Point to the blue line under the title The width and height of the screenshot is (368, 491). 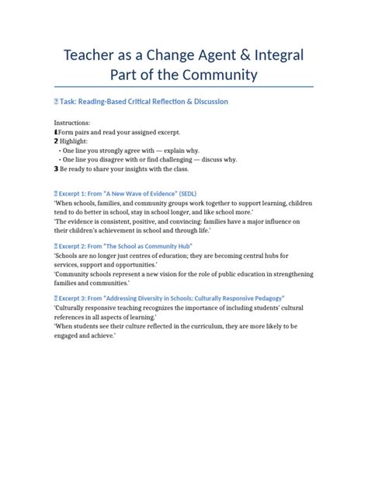tap(183, 86)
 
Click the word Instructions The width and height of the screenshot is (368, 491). tap(72, 123)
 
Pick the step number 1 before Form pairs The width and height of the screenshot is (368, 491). tap(56, 131)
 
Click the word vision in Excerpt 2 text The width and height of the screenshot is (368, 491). tap(163, 273)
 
